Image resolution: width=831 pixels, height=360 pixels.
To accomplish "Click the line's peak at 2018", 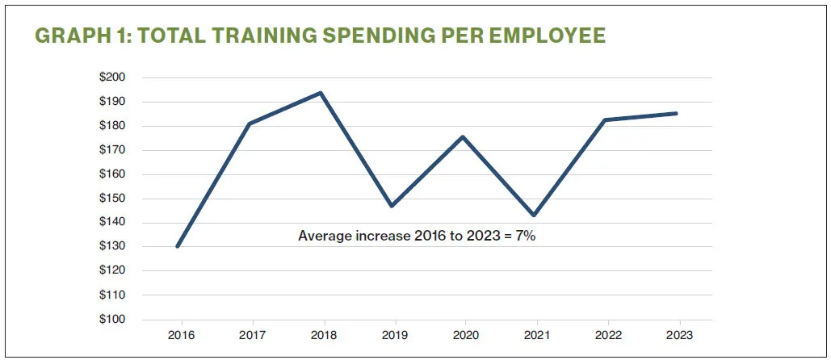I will pos(321,93).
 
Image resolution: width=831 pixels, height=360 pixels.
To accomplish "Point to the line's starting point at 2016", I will pos(178,246).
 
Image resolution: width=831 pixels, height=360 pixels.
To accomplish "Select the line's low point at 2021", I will pos(534,215).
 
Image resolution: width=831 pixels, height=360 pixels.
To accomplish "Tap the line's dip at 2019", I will pos(392,206).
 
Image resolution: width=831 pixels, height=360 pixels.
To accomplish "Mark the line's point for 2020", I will pos(463,136).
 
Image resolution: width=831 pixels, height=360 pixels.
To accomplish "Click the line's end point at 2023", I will pos(676,113).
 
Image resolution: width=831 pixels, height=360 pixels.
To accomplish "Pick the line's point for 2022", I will pos(605,120).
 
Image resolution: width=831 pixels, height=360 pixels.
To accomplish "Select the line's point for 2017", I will pos(250,123).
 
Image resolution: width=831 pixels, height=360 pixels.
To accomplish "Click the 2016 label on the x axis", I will pos(178,335).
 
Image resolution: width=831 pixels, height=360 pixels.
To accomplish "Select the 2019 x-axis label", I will pos(392,335).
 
